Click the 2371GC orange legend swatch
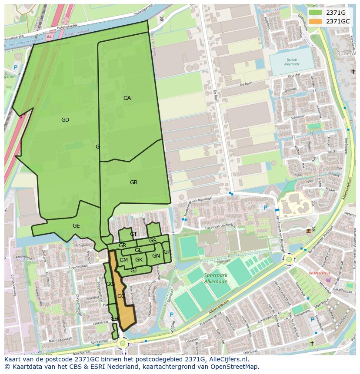pyautogui.click(x=316, y=21)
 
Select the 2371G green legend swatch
pyautogui.click(x=316, y=13)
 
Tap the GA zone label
pyautogui.click(x=127, y=98)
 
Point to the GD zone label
pyautogui.click(x=65, y=120)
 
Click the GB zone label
pyautogui.click(x=133, y=182)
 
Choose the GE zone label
pyautogui.click(x=76, y=226)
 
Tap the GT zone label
pyautogui.click(x=133, y=234)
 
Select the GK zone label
pyautogui.click(x=139, y=260)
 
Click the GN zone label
pyautogui.click(x=156, y=256)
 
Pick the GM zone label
pyautogui.click(x=123, y=260)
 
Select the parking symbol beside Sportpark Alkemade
pyautogui.click(x=171, y=315)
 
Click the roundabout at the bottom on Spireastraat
pyautogui.click(x=122, y=344)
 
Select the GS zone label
pyautogui.click(x=153, y=241)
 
